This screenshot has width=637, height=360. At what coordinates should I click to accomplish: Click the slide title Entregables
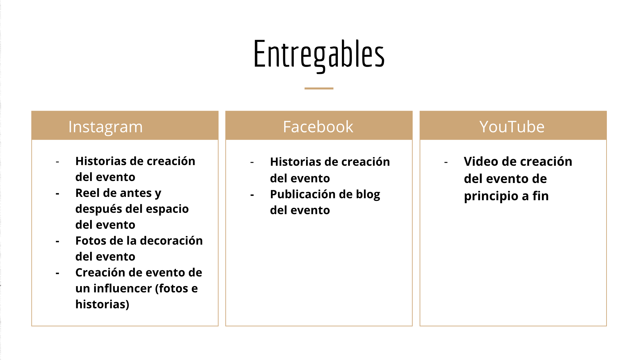(x=319, y=55)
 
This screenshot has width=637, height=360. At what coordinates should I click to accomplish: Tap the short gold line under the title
(x=319, y=89)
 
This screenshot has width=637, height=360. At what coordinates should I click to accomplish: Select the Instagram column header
(x=105, y=127)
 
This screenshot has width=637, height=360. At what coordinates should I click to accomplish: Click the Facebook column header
(x=318, y=127)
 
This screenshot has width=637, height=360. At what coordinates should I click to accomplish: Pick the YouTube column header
(x=512, y=127)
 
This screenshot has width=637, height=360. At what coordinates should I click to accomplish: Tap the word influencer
(x=123, y=288)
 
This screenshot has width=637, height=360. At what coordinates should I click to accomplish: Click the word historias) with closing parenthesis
(x=102, y=304)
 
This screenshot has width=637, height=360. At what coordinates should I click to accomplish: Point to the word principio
(x=491, y=196)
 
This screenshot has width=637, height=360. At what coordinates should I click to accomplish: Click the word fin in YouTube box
(x=541, y=196)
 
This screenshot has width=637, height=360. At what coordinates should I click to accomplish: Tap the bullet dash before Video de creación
(x=446, y=162)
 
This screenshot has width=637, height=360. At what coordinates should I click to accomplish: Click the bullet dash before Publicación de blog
(x=252, y=195)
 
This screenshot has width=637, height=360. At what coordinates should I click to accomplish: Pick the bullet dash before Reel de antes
(x=57, y=194)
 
